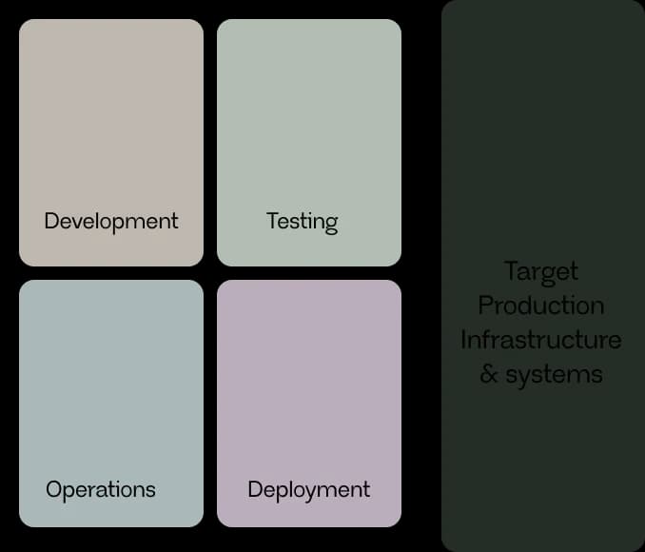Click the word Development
111,223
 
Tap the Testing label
303,223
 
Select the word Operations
101,490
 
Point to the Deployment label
309,490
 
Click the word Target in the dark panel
541,272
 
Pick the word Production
541,306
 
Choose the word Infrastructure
541,340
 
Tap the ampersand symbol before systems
488,374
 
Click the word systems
554,376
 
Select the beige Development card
111,143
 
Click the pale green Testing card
309,143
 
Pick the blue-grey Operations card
111,404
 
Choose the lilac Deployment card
309,404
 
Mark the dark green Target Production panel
543,276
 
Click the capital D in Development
52,221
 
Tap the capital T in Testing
273,221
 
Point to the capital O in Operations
55,489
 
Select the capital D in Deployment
256,489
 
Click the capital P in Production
485,306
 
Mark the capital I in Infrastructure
462,340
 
